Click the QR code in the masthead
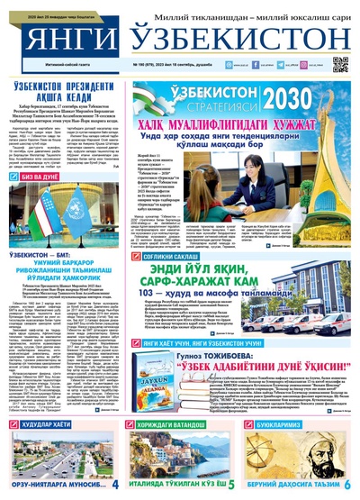[339, 64]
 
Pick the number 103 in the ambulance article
[152, 297]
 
